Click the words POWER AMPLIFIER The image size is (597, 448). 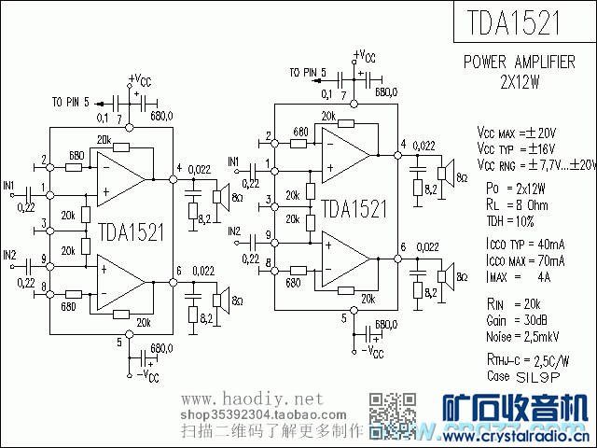pyautogui.click(x=520, y=63)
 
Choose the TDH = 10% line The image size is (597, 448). pyautogui.click(x=510, y=221)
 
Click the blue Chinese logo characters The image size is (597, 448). pyautogui.click(x=512, y=410)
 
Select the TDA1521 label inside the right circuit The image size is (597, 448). pyautogui.click(x=354, y=208)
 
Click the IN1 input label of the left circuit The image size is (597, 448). pyautogui.click(x=9, y=185)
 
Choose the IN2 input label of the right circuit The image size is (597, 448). pyautogui.click(x=233, y=231)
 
